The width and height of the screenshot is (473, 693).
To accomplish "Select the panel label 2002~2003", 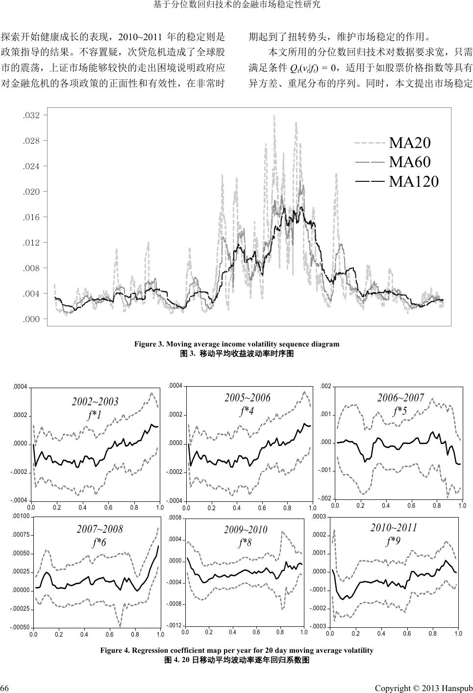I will click(95, 402).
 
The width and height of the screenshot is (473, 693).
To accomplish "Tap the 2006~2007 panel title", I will click(400, 397).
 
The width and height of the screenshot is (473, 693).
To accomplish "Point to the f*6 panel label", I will click(99, 542).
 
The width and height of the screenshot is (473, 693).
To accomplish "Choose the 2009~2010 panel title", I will click(246, 529).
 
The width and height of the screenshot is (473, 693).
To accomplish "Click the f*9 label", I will click(393, 541).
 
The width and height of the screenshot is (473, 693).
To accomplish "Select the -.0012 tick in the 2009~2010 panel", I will click(175, 626).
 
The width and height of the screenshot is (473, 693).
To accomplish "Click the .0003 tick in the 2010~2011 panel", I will click(319, 517).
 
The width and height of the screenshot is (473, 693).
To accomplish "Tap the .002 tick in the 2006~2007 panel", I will click(325, 387).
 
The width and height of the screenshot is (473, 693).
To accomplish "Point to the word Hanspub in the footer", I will click(456, 684).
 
